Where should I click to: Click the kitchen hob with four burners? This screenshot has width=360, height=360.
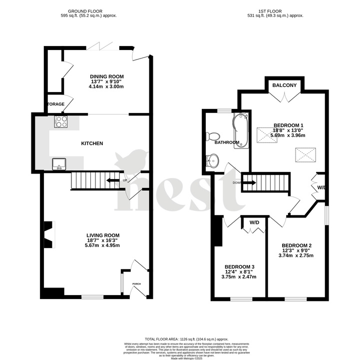[61, 121]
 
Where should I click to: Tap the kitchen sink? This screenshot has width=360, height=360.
[59, 163]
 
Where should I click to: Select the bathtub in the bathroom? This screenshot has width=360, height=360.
[242, 130]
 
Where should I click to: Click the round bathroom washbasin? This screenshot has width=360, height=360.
[212, 161]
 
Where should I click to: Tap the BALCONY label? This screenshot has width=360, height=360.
[285, 85]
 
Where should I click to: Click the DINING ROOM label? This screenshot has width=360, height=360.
[106, 76]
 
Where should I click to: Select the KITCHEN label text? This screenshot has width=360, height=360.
[92, 143]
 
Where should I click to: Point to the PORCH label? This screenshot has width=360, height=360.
[136, 284]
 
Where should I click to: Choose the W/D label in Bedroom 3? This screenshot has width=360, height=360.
[254, 222]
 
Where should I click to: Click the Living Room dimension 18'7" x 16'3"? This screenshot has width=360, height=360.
[103, 240]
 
